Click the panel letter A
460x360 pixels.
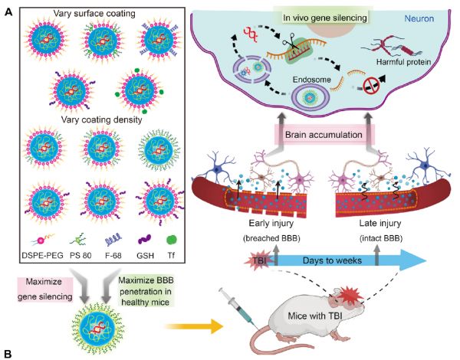point(8,12)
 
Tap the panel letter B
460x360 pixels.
point(8,353)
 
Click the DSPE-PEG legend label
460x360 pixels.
point(42,255)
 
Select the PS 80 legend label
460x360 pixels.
point(80,255)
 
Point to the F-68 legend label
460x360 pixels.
point(113,255)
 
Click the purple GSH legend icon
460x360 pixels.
point(145,239)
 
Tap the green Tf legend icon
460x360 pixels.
point(172,240)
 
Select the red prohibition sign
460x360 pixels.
point(371,86)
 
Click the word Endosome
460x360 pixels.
point(311,80)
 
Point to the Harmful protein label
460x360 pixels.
point(404,62)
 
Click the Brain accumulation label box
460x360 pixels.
point(324,135)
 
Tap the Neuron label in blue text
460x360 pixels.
point(419,18)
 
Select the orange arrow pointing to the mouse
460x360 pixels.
point(194,326)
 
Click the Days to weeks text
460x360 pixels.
point(332,260)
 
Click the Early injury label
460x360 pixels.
point(271,224)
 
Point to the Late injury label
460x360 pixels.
point(380,224)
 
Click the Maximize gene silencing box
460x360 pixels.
point(45,290)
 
